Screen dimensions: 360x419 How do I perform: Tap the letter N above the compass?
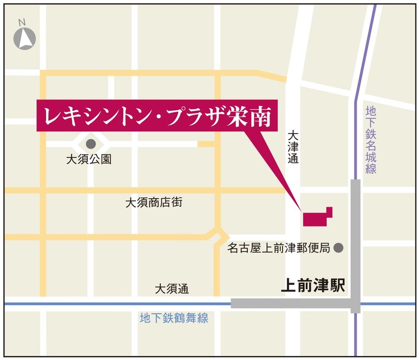pyautogui.click(x=22, y=22)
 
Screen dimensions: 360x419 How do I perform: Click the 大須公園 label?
pyautogui.click(x=89, y=160)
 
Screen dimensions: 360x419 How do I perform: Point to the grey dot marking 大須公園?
pyautogui.click(x=91, y=144)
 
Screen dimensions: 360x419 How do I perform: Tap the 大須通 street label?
pyautogui.click(x=172, y=289)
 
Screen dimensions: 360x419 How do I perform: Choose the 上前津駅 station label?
pyautogui.click(x=313, y=286)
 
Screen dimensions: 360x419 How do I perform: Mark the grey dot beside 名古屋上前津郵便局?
pyautogui.click(x=338, y=247)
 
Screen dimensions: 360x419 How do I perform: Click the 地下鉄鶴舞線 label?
pyautogui.click(x=174, y=318)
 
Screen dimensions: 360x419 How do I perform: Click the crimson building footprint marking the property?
pyautogui.click(x=316, y=218)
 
